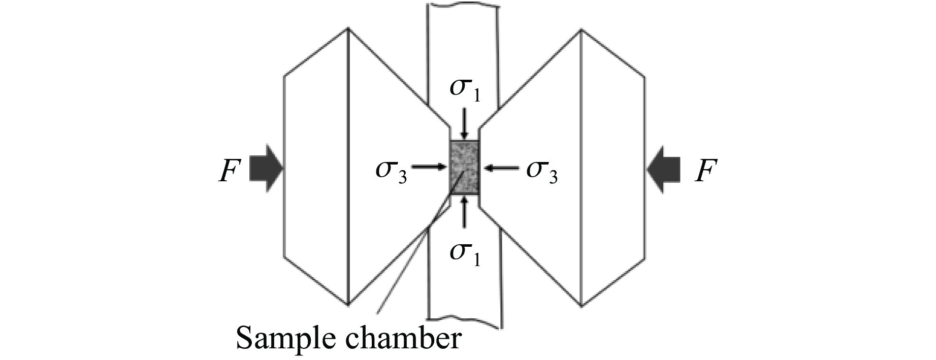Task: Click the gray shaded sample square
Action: pos(465,168)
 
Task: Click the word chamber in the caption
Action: pos(410,338)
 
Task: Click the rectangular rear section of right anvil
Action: pos(613,168)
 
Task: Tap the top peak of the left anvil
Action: pos(348,28)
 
